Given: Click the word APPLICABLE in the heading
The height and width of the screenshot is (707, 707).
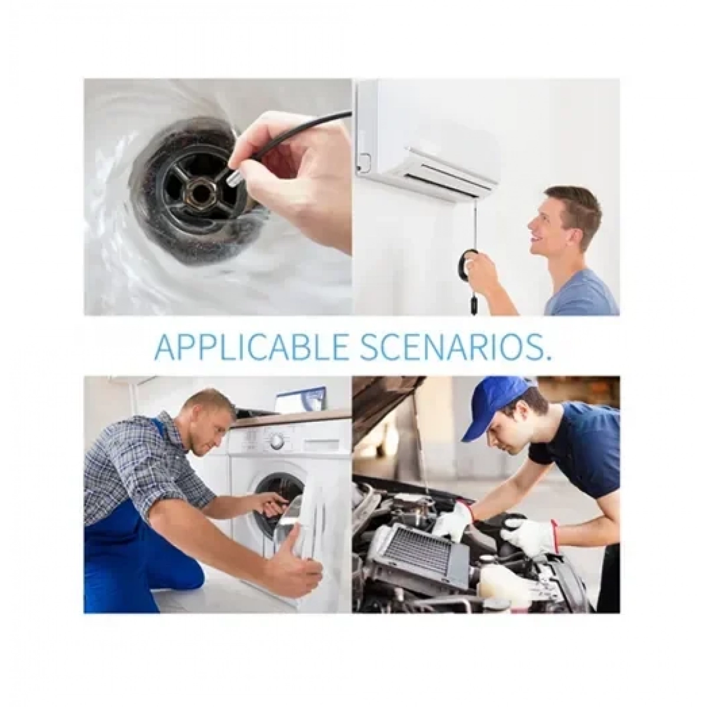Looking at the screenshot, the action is [252, 346].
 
